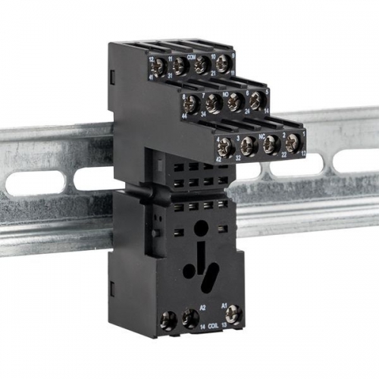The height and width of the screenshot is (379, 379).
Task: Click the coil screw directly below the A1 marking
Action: point(233,314)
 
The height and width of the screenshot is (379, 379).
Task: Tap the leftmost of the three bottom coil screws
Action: point(168,322)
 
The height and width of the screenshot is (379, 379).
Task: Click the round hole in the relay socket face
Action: point(199,226)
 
